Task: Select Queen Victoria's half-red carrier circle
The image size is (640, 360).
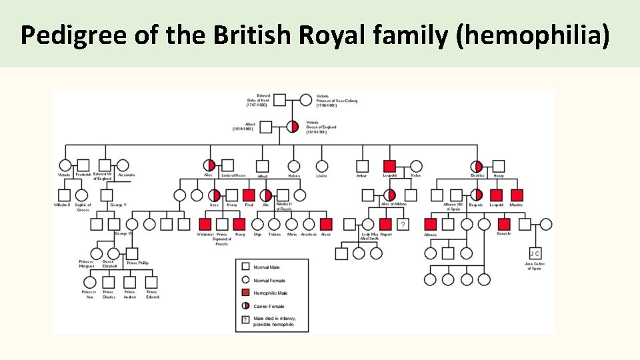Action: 293,127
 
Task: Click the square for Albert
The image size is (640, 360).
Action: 266,127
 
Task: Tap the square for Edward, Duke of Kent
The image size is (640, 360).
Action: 279,100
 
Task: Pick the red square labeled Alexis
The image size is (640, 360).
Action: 325,225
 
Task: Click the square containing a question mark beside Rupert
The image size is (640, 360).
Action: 403,225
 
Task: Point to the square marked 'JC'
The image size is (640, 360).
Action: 535,253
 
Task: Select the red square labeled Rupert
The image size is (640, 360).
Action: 385,225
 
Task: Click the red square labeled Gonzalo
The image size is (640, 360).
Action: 504,225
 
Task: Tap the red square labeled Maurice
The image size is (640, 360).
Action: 517,195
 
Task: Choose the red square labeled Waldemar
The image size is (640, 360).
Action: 205,225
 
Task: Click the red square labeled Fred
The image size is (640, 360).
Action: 249,195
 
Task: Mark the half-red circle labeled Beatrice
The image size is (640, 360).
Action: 477,166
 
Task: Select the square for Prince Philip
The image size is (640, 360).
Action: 131,253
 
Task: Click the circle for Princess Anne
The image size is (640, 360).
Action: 90,282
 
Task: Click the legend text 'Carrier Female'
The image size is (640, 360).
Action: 269,307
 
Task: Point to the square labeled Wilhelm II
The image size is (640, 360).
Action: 65,195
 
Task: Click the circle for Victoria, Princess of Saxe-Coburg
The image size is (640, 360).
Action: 305,100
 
